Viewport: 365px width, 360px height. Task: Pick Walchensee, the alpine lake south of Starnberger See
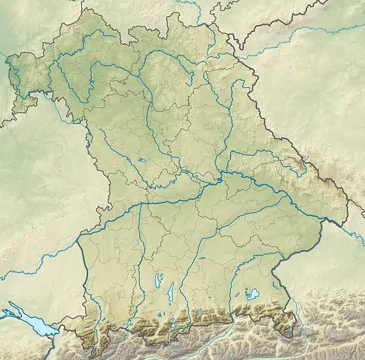point(172,324)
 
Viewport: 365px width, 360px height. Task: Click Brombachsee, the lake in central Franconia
point(141,161)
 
